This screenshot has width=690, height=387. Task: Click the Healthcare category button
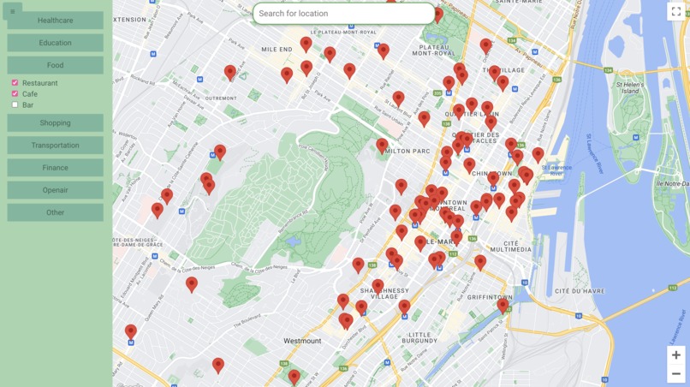(x=55, y=21)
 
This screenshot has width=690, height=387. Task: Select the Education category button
(x=55, y=43)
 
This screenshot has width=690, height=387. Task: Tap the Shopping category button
(x=55, y=123)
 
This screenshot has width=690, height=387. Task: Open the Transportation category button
(x=55, y=146)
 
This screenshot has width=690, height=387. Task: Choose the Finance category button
(x=55, y=168)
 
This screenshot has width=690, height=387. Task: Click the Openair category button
(x=55, y=190)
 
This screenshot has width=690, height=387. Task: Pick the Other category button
(x=55, y=212)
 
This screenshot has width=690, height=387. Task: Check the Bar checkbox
(x=15, y=105)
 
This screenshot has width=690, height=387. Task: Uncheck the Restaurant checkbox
(x=15, y=83)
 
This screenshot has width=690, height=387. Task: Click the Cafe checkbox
(x=15, y=94)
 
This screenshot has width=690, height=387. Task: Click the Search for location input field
(x=343, y=14)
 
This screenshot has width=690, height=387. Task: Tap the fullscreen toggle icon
(x=676, y=12)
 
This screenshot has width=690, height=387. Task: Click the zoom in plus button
(x=675, y=355)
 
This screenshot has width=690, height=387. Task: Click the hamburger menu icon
(x=12, y=12)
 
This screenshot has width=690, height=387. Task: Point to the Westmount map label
(x=302, y=341)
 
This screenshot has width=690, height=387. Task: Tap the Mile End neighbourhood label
(x=277, y=50)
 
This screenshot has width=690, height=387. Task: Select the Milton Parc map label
(x=407, y=151)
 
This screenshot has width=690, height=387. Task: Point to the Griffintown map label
(x=491, y=297)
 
